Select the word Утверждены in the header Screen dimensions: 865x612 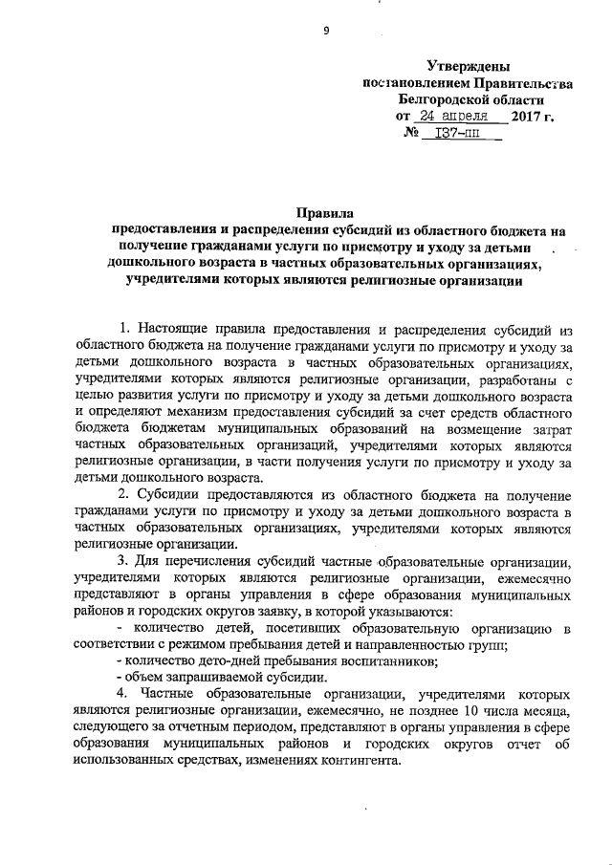point(468,65)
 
